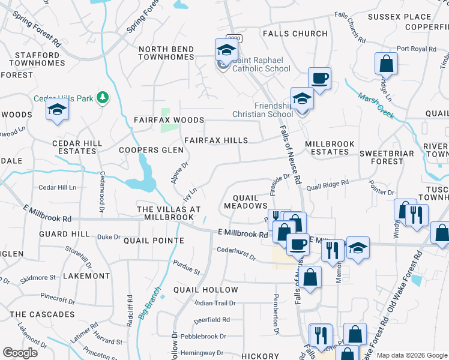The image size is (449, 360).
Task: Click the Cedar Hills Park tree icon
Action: coord(103,98)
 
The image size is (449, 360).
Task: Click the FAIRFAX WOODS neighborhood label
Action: coord(169,120)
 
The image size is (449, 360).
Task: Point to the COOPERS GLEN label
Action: coord(151,150)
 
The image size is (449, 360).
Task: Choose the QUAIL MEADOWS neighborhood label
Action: coord(245,201)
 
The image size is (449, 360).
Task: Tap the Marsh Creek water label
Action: coord(376,106)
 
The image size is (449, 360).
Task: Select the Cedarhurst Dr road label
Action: coord(236,254)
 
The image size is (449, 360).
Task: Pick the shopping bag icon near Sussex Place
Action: coord(387,64)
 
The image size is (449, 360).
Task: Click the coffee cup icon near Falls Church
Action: coord(319,77)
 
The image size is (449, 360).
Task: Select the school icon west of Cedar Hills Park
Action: coord(57,109)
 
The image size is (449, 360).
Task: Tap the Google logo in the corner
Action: coord(20,353)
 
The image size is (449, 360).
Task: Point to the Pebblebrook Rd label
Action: coord(208,336)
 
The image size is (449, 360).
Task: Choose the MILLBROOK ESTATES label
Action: coord(330,148)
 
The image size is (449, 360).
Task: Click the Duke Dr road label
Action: coord(109,237)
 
